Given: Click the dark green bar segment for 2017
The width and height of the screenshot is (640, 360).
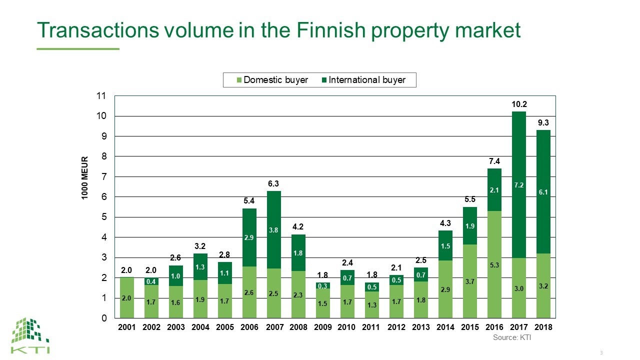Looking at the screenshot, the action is pyautogui.click(x=519, y=185).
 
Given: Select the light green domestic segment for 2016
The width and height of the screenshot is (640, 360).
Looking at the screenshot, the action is pyautogui.click(x=494, y=264).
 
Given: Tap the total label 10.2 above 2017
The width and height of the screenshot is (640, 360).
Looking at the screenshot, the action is pyautogui.click(x=519, y=104).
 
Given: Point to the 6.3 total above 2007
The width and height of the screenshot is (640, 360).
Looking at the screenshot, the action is pyautogui.click(x=273, y=183).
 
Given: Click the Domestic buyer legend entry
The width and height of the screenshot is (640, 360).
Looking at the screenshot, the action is pyautogui.click(x=272, y=80).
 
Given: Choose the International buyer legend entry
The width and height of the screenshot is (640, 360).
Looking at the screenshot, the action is pyautogui.click(x=363, y=80).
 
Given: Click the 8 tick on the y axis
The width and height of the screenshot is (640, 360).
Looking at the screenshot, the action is pyautogui.click(x=104, y=156).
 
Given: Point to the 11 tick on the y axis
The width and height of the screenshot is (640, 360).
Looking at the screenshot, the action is pyautogui.click(x=101, y=95).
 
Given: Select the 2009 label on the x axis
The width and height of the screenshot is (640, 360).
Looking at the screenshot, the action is pyautogui.click(x=322, y=327).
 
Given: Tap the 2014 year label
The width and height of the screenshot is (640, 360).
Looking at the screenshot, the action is pyautogui.click(x=445, y=327).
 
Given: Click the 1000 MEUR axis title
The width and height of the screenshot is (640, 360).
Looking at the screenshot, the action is pyautogui.click(x=85, y=177).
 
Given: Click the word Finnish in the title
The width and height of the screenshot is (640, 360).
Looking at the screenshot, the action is pyautogui.click(x=331, y=30).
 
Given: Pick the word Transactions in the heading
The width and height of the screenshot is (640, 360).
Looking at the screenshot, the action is pyautogui.click(x=98, y=30).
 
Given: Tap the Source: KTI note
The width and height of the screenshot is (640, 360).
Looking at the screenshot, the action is pyautogui.click(x=512, y=337).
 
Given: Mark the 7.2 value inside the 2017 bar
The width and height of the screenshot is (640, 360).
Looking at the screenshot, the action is pyautogui.click(x=519, y=185).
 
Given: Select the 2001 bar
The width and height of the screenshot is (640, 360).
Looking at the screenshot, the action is pyautogui.click(x=127, y=297).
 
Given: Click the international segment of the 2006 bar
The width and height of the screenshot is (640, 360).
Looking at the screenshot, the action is pyautogui.click(x=249, y=237).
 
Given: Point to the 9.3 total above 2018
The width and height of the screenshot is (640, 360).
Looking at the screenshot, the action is pyautogui.click(x=543, y=122).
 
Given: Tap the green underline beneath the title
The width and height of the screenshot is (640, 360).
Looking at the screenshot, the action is pyautogui.click(x=78, y=49).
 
